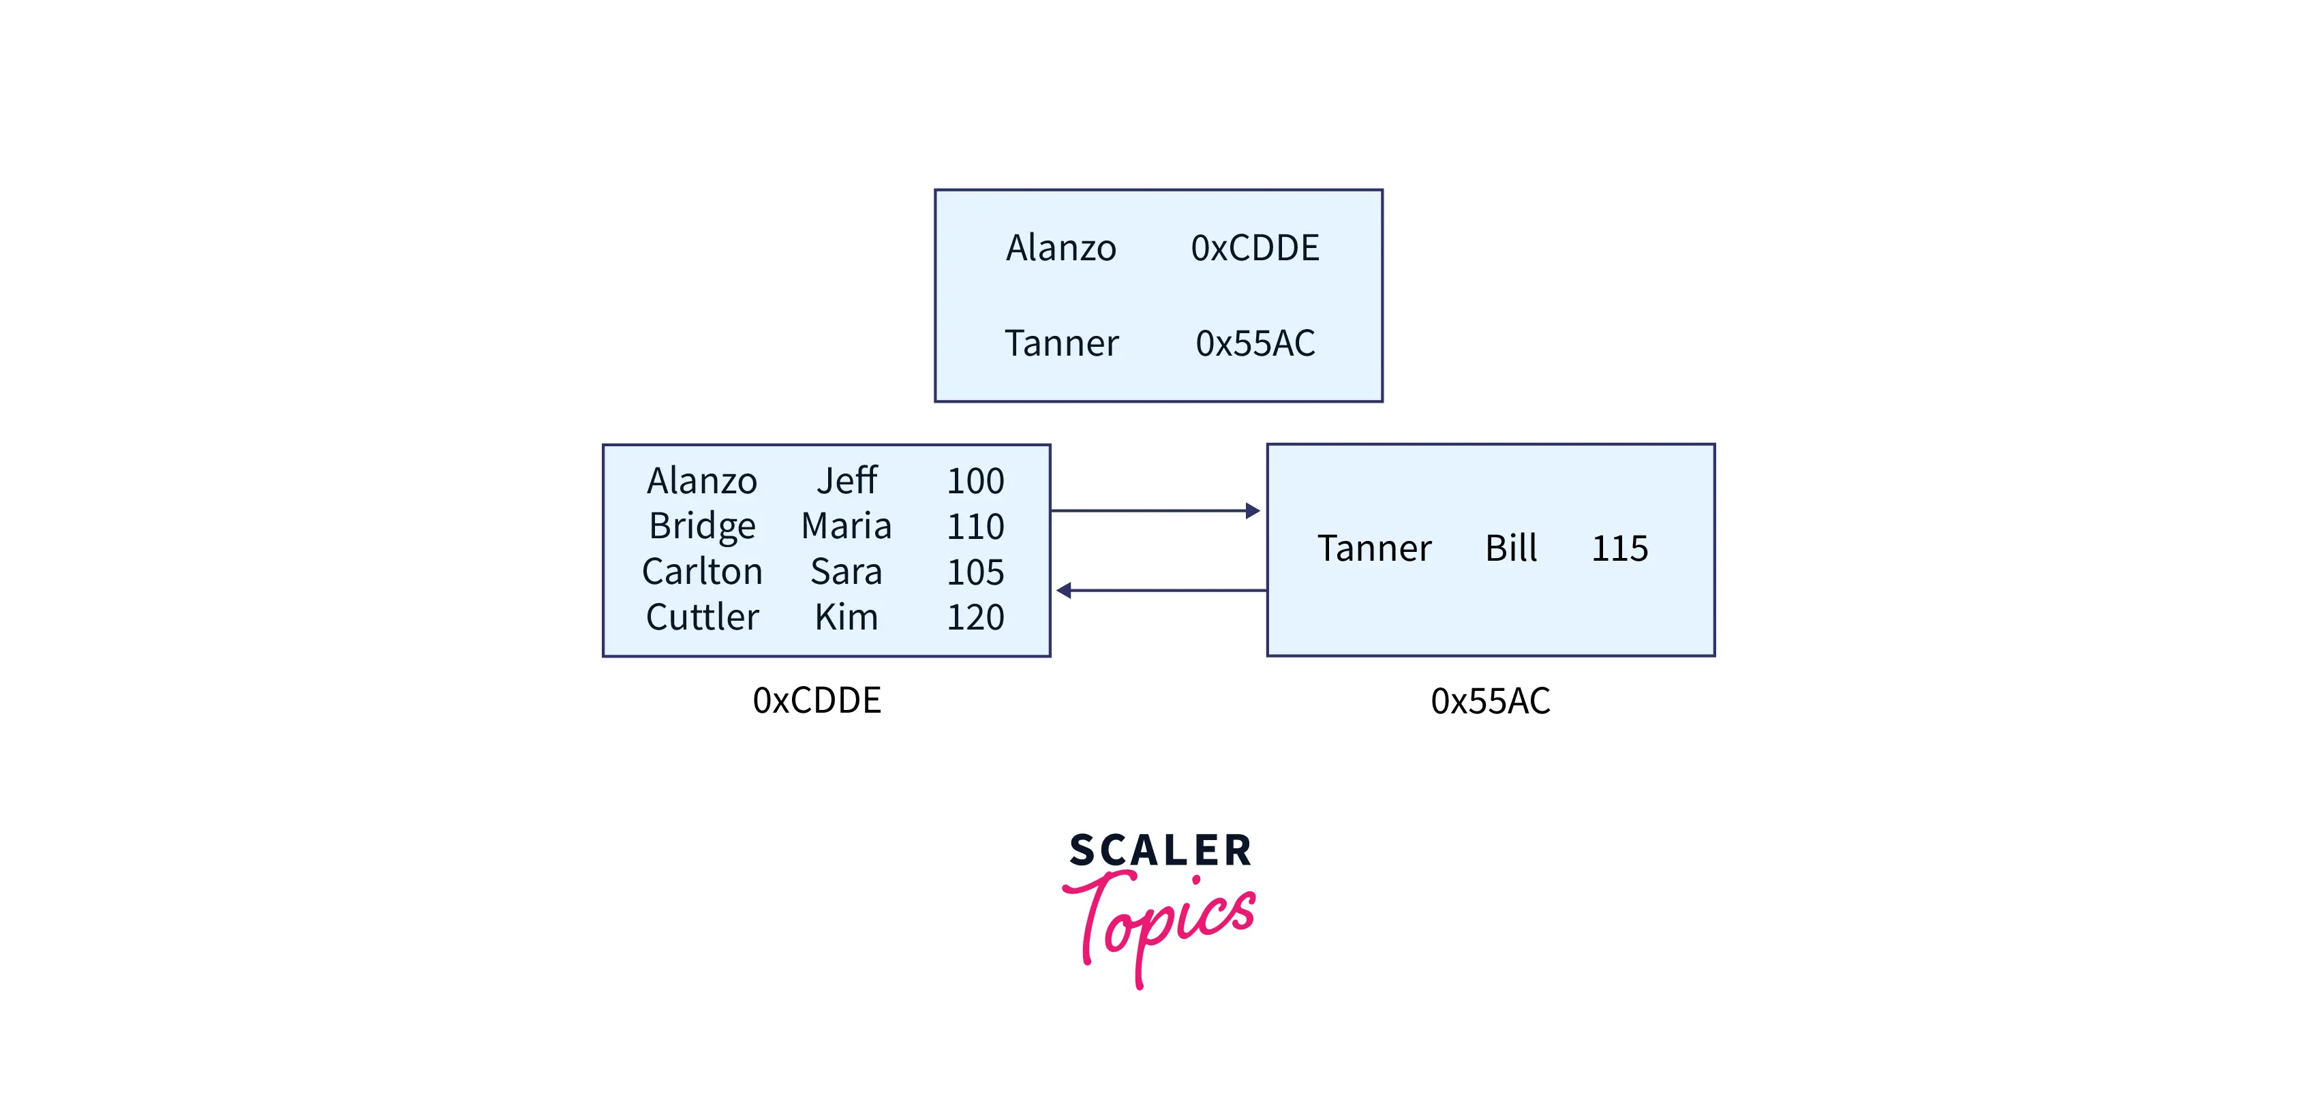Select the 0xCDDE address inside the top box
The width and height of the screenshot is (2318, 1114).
1254,247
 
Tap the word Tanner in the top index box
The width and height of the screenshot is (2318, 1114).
1061,343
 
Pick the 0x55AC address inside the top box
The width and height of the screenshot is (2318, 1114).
1254,343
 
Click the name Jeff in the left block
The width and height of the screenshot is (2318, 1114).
846,480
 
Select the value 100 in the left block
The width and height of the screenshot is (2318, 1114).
975,480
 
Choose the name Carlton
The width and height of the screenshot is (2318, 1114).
702,572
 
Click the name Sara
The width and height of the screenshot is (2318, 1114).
846,572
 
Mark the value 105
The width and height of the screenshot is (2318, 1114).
975,572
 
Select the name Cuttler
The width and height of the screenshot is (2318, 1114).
702,617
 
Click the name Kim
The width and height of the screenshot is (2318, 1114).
846,617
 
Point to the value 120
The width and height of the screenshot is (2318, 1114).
975,617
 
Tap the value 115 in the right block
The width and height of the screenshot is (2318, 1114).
1619,548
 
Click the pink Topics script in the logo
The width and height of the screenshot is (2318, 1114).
1161,923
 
